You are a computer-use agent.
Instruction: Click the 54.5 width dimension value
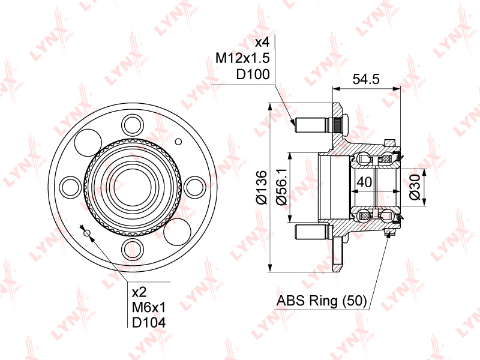(x=366, y=79)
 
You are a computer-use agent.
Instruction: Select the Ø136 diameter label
(x=262, y=187)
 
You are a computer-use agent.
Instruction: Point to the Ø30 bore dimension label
(x=415, y=187)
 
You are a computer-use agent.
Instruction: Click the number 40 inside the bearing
(x=364, y=182)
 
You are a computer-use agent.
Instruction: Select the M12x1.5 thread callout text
(x=242, y=58)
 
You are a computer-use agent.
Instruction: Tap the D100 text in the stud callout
(x=253, y=74)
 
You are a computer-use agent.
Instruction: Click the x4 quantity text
(x=262, y=42)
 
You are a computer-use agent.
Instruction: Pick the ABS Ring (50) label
(x=322, y=301)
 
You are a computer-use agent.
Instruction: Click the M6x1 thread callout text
(x=148, y=307)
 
